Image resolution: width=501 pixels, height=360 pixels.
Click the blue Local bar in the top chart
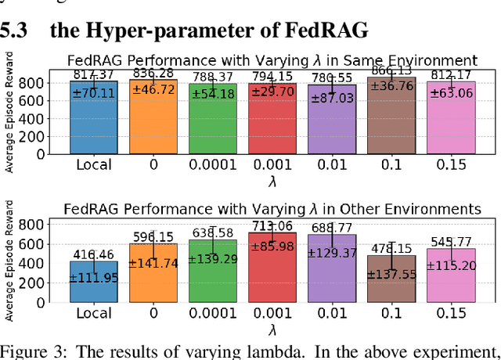pyautogui.click(x=93, y=125)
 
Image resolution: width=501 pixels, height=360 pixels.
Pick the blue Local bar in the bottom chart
pyautogui.click(x=93, y=286)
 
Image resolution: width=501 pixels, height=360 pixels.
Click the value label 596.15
pyautogui.click(x=153, y=237)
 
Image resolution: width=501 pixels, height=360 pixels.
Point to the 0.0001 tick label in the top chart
pyautogui.click(x=211, y=165)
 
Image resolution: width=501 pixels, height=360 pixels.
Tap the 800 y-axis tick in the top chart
pyautogui.click(x=52, y=81)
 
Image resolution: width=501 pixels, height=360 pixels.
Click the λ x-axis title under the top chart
pyautogui.click(x=272, y=180)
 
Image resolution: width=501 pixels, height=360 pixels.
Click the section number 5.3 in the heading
pyautogui.click(x=16, y=32)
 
